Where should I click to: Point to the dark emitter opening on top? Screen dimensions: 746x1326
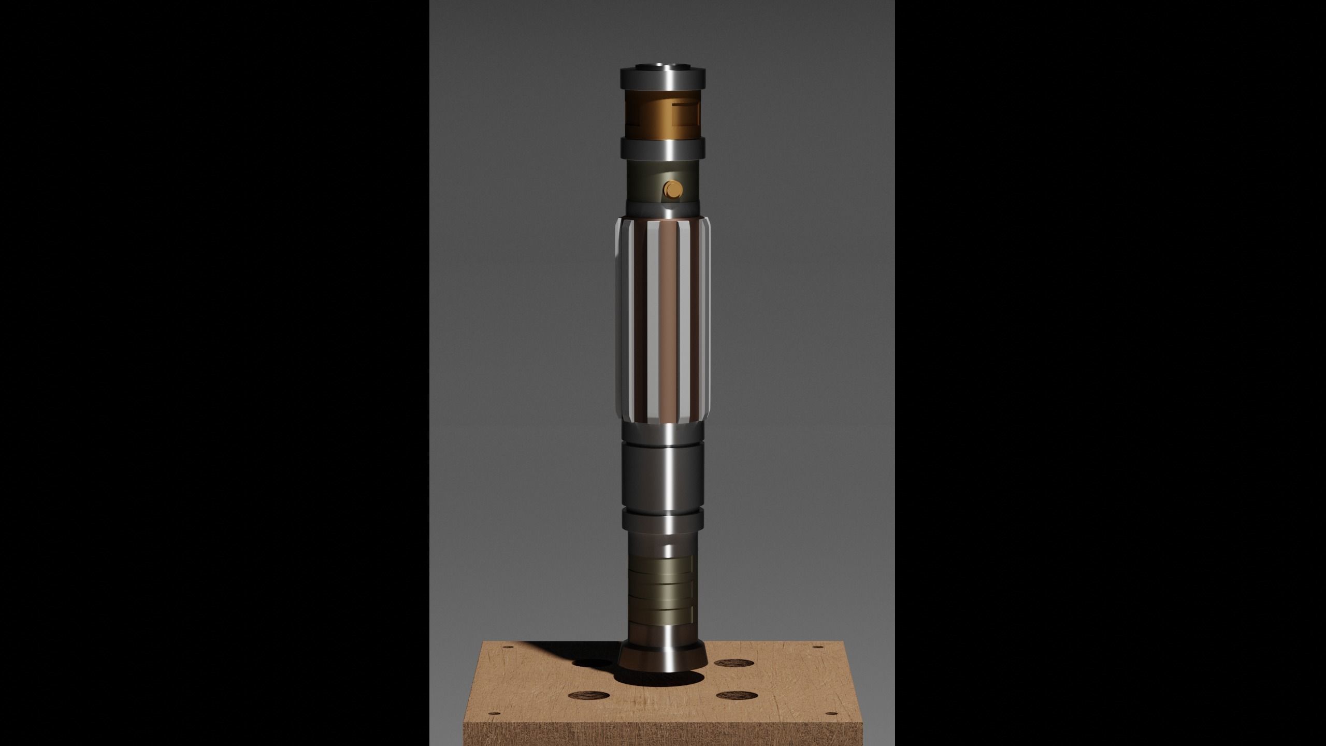[x=662, y=66]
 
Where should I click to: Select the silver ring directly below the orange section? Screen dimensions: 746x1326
[x=662, y=148]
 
